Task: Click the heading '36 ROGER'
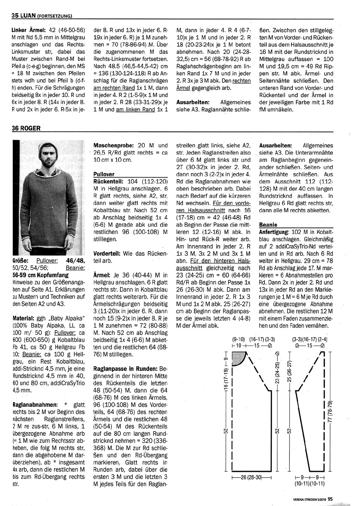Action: (x=26, y=128)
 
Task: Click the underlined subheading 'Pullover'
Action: (x=104, y=174)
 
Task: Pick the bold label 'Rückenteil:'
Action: (x=109, y=181)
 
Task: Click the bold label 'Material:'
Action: (x=25, y=318)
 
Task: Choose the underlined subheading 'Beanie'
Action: (x=268, y=224)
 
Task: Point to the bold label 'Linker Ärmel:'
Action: (x=28, y=30)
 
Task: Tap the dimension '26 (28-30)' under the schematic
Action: (x=251, y=477)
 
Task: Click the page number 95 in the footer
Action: (x=330, y=499)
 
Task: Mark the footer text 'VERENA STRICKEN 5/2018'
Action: (x=310, y=500)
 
